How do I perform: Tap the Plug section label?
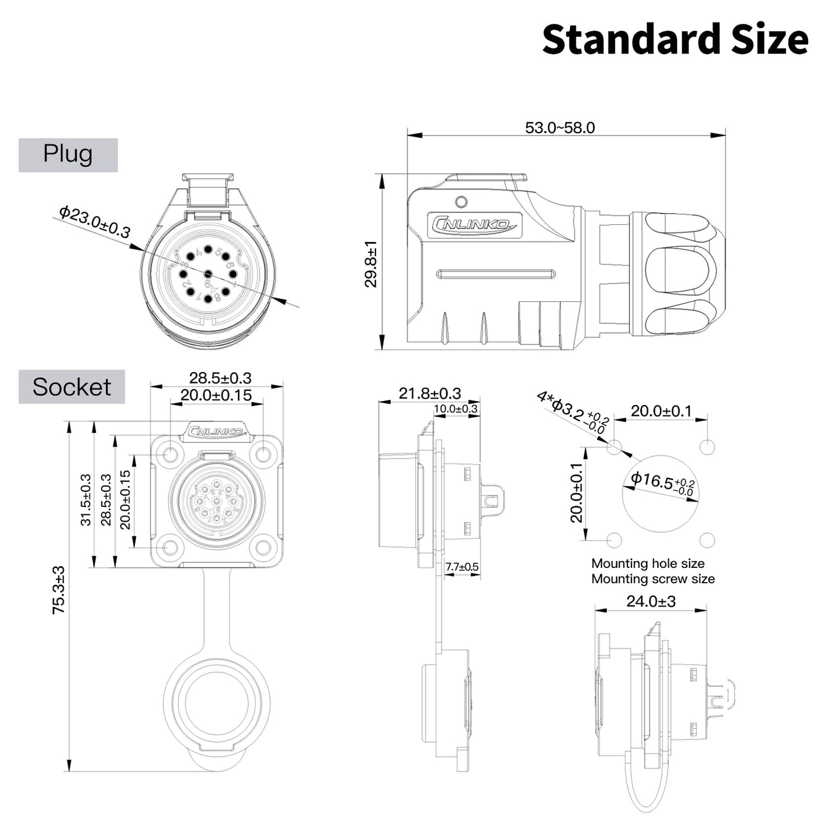point(68,154)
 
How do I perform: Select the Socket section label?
point(72,387)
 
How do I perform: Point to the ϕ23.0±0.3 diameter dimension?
point(95,222)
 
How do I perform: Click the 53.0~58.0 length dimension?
point(560,128)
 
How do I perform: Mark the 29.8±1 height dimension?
point(371,264)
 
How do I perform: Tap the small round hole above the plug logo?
point(462,202)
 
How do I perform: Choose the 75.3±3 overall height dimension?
point(59,589)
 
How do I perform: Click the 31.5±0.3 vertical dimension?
point(85,499)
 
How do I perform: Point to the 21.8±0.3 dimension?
point(429,394)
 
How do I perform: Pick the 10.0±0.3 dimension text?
point(456,409)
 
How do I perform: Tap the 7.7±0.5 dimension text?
point(462,567)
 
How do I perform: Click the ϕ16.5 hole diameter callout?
point(662,482)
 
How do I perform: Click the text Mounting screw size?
point(653,579)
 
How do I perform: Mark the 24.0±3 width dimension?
point(650,601)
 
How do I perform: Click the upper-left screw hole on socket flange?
point(170,455)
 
